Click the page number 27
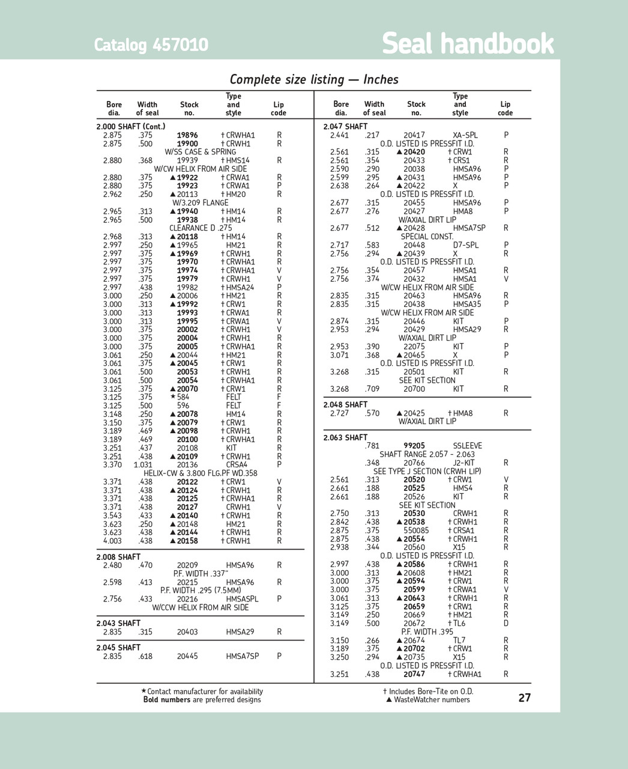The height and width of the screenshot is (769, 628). (524, 698)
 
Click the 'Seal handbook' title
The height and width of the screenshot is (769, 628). (468, 44)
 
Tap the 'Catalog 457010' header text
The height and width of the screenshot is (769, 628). (151, 45)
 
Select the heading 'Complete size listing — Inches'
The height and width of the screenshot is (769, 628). (314, 79)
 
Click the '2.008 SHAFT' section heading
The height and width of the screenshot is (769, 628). (118, 557)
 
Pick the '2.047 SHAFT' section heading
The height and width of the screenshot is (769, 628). (345, 126)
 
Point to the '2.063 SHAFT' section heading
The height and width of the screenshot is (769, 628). (345, 437)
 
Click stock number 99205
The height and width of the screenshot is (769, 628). (414, 446)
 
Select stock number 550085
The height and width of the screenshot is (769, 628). (416, 530)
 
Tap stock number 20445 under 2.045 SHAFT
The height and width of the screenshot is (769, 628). (187, 656)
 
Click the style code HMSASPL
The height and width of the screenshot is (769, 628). (242, 599)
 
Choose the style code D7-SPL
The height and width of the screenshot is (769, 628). (466, 245)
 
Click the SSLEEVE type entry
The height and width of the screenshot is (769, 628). (468, 446)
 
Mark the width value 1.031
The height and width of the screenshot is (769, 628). (143, 464)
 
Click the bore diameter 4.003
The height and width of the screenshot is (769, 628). (112, 541)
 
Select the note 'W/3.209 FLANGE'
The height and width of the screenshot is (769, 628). (201, 203)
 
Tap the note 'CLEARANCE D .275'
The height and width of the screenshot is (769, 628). (201, 228)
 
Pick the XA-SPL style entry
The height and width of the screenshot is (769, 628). (465, 135)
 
